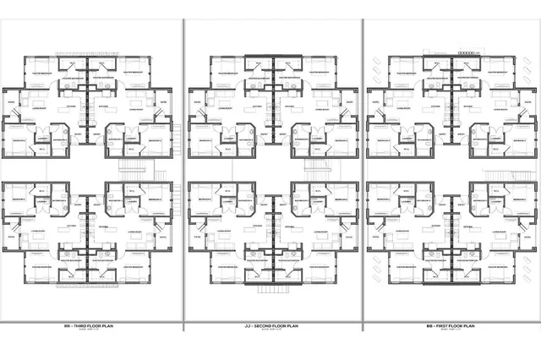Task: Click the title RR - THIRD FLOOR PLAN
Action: [x=90, y=325]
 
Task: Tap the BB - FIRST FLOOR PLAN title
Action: [x=451, y=325]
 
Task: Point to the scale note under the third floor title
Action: [x=90, y=330]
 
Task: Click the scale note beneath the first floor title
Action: [x=451, y=330]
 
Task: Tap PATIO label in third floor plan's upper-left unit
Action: [x=11, y=103]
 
